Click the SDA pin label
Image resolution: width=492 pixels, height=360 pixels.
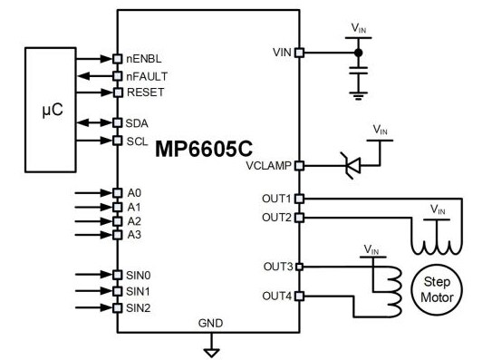pos(138,122)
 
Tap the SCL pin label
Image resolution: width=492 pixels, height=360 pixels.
pos(138,141)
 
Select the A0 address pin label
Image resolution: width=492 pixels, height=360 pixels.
pos(134,192)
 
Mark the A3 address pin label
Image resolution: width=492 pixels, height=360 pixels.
pos(134,235)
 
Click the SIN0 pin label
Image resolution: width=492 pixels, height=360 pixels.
pos(140,274)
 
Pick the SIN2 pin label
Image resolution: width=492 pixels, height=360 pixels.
pos(140,307)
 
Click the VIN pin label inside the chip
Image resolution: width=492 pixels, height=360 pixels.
pos(281,52)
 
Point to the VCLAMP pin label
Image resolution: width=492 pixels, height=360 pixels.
pos(270,166)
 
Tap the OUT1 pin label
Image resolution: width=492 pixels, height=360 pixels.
pos(276,198)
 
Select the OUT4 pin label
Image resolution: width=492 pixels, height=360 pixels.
pos(276,296)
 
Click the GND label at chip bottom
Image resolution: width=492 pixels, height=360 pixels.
pos(210,324)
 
